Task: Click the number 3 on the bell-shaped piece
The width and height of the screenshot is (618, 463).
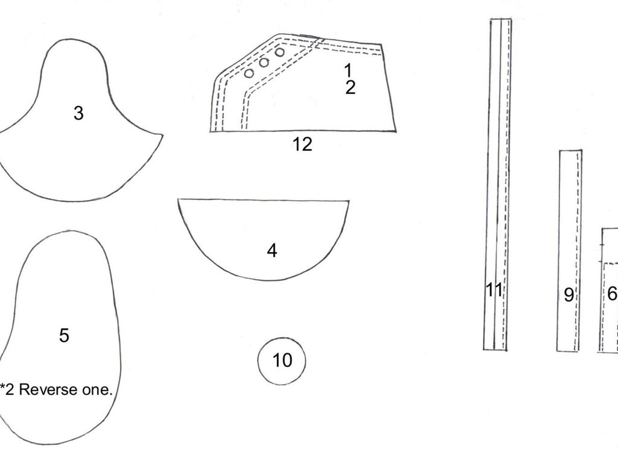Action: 78,113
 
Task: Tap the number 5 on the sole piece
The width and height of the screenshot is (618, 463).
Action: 64,335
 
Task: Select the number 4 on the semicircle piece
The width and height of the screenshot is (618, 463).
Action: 272,250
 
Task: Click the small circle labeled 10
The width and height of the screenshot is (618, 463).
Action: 282,361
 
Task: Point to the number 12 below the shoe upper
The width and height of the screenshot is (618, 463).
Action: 302,144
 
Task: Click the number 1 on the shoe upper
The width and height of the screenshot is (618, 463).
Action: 348,70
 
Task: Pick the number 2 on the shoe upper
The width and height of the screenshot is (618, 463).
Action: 350,87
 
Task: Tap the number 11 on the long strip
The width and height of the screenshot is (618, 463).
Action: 494,290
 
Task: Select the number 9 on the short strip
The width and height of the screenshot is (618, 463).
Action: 569,295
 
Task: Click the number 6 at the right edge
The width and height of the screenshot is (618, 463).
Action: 612,294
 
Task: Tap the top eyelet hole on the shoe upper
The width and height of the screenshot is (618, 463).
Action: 280,52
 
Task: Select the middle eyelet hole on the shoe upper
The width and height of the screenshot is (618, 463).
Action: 264,63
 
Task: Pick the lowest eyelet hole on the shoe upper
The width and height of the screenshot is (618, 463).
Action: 249,74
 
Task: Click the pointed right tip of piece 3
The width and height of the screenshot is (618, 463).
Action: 162,135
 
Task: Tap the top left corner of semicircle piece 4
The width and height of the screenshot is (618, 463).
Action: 179,200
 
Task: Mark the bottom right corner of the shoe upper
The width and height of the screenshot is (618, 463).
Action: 396,130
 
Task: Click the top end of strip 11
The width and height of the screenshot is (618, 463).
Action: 500,20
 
